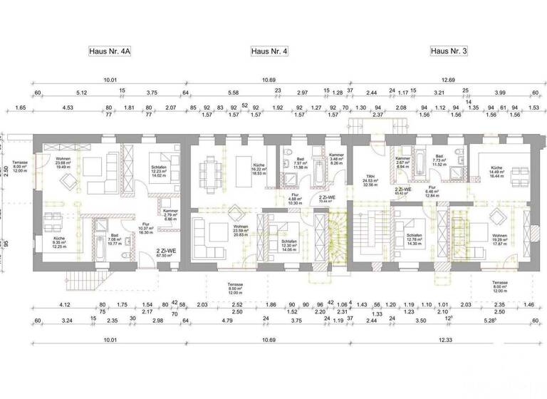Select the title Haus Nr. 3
449,51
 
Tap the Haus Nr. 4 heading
269,51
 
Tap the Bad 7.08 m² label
114,240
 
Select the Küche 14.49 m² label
496,171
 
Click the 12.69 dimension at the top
447,81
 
